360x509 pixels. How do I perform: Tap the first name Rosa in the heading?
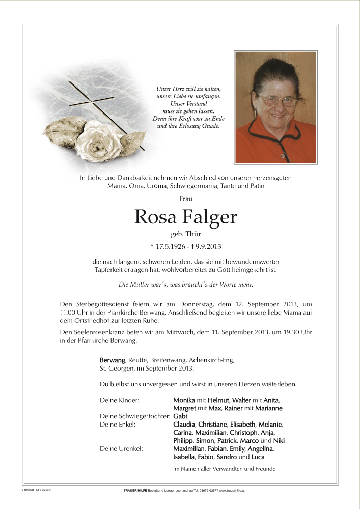point(154,217)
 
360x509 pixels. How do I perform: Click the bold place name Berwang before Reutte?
point(112,360)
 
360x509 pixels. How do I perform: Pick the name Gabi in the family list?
point(180,416)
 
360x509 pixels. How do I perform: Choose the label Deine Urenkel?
point(121,448)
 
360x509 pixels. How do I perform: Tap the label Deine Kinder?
point(120,400)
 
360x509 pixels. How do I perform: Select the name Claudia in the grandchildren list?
point(184,424)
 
